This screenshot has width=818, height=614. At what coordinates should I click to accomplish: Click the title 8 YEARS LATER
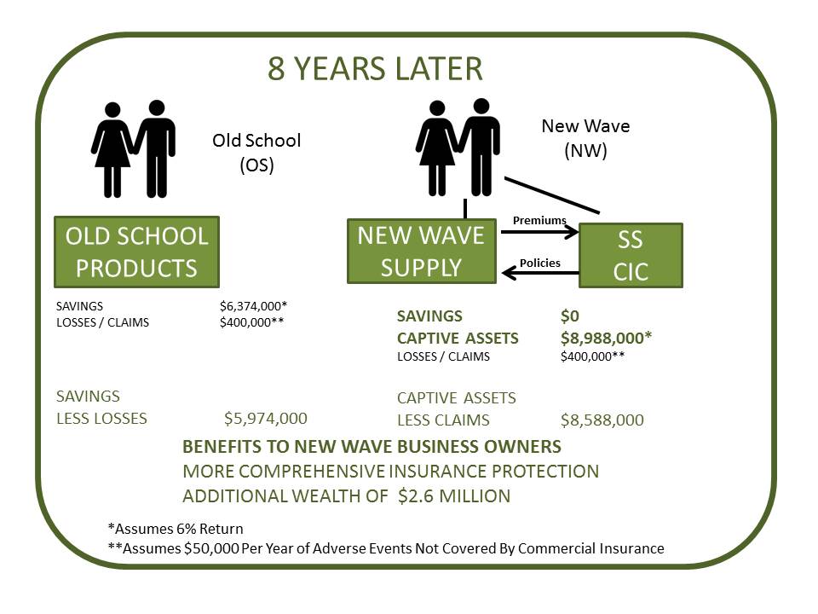(375, 68)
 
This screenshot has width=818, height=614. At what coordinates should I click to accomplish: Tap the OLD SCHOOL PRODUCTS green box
(136, 252)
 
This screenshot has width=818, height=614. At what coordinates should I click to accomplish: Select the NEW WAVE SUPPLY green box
(422, 251)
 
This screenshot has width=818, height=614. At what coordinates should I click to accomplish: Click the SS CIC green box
(631, 255)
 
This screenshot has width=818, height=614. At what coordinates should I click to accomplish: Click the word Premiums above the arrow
(539, 220)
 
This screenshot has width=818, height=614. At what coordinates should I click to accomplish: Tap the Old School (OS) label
(256, 153)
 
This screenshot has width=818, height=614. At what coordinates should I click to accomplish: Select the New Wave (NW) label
(585, 138)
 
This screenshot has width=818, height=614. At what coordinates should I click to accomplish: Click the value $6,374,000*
(254, 306)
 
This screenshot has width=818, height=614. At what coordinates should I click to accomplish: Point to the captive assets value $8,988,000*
(606, 338)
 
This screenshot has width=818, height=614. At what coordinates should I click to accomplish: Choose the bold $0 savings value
(570, 316)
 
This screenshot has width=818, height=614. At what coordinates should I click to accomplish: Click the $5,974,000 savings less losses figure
(266, 418)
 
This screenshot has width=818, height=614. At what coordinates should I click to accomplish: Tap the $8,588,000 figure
(602, 420)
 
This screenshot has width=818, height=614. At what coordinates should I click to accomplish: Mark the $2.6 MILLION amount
(454, 495)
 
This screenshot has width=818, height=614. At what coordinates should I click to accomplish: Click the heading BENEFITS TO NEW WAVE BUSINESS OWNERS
(372, 447)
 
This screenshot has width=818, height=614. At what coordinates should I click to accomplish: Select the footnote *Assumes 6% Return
(176, 529)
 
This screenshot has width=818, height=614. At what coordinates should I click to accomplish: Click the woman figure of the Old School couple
(112, 150)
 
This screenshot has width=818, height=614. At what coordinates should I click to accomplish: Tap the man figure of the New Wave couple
(481, 147)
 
